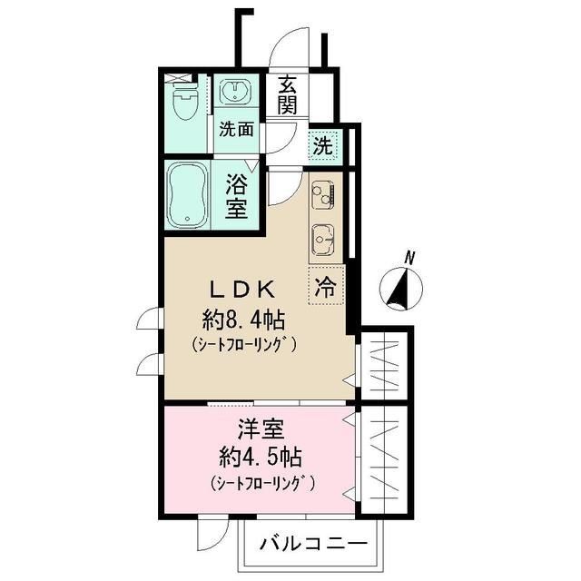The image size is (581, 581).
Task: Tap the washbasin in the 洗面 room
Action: click(x=239, y=94)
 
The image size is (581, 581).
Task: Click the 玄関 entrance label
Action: click(x=288, y=95)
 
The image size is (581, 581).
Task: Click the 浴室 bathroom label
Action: click(x=238, y=195)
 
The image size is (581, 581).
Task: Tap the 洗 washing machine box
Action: click(x=322, y=143)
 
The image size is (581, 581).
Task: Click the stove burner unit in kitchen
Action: click(x=323, y=193)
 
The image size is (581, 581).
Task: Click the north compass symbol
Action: click(x=400, y=288)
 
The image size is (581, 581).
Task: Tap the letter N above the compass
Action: click(x=409, y=259)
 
